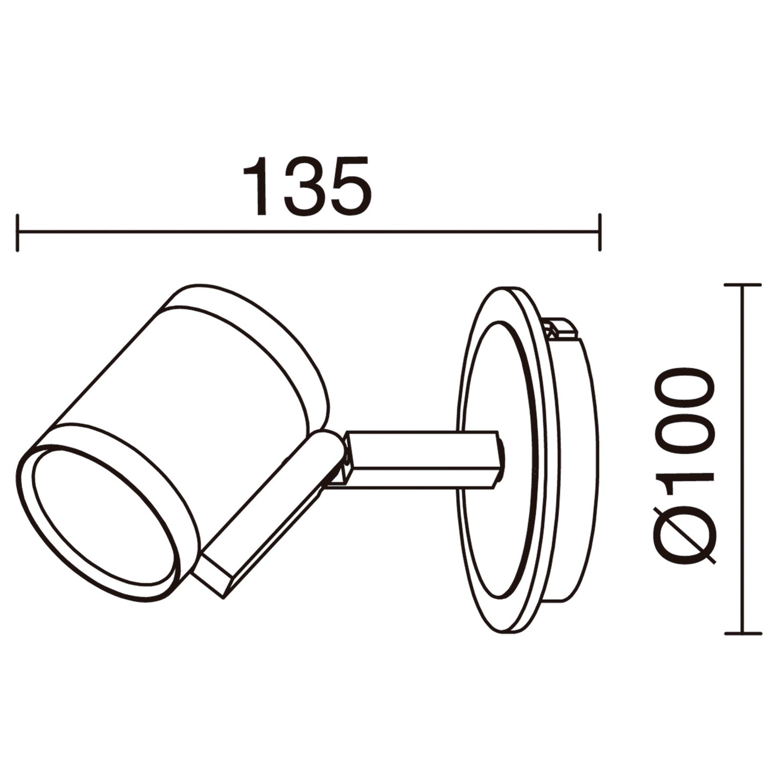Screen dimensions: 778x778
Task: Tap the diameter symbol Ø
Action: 685,536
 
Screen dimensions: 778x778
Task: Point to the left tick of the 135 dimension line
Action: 18,233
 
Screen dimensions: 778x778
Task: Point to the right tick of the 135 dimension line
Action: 599,233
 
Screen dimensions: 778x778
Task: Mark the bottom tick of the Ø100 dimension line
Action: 742,633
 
